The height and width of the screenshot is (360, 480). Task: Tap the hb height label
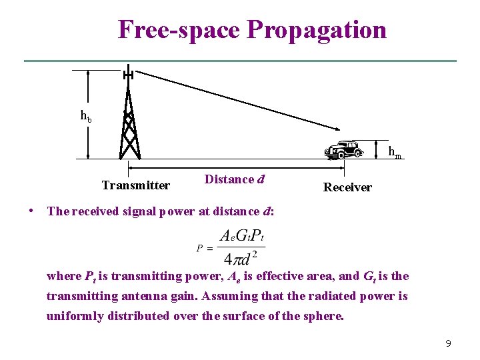tap(86, 116)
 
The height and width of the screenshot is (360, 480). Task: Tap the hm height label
tap(395, 153)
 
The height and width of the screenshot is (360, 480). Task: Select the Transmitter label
tap(135, 185)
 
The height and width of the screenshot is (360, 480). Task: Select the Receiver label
tap(347, 187)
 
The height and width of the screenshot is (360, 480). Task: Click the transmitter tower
tap(129, 127)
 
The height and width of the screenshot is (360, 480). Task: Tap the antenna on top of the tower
tap(127, 74)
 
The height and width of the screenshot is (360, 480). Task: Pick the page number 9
tap(448, 343)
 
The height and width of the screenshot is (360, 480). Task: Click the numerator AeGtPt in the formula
tap(243, 235)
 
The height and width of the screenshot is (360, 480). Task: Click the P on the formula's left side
tap(199, 248)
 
